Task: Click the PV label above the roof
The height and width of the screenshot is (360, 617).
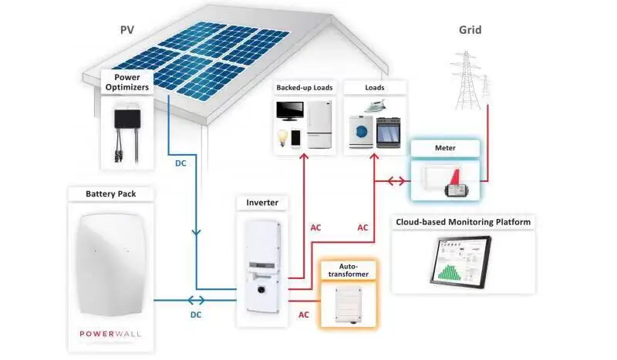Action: [x=127, y=30]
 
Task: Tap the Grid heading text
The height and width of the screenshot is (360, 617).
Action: [x=470, y=30]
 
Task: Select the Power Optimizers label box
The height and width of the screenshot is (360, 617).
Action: [x=127, y=82]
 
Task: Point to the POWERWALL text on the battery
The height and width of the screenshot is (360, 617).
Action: [x=110, y=334]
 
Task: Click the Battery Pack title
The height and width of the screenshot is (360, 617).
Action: [x=111, y=194]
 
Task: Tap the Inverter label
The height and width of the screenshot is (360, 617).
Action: [x=262, y=203]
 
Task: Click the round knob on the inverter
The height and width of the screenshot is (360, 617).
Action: [x=260, y=290]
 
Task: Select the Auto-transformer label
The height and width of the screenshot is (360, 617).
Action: [x=349, y=271]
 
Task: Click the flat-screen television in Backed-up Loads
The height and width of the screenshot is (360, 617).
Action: [x=290, y=111]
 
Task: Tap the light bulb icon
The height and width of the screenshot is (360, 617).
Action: [x=282, y=138]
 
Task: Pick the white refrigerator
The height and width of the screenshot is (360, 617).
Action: [x=319, y=124]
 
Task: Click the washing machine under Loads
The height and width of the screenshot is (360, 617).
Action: [x=361, y=131]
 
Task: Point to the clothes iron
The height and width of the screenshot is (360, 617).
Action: [x=374, y=106]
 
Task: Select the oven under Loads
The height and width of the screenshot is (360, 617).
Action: [x=389, y=133]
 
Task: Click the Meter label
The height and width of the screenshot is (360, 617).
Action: [x=445, y=148]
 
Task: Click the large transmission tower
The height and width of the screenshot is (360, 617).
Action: [x=467, y=80]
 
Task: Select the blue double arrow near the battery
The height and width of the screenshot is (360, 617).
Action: [x=196, y=301]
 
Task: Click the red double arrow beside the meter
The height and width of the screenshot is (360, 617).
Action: [x=396, y=181]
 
